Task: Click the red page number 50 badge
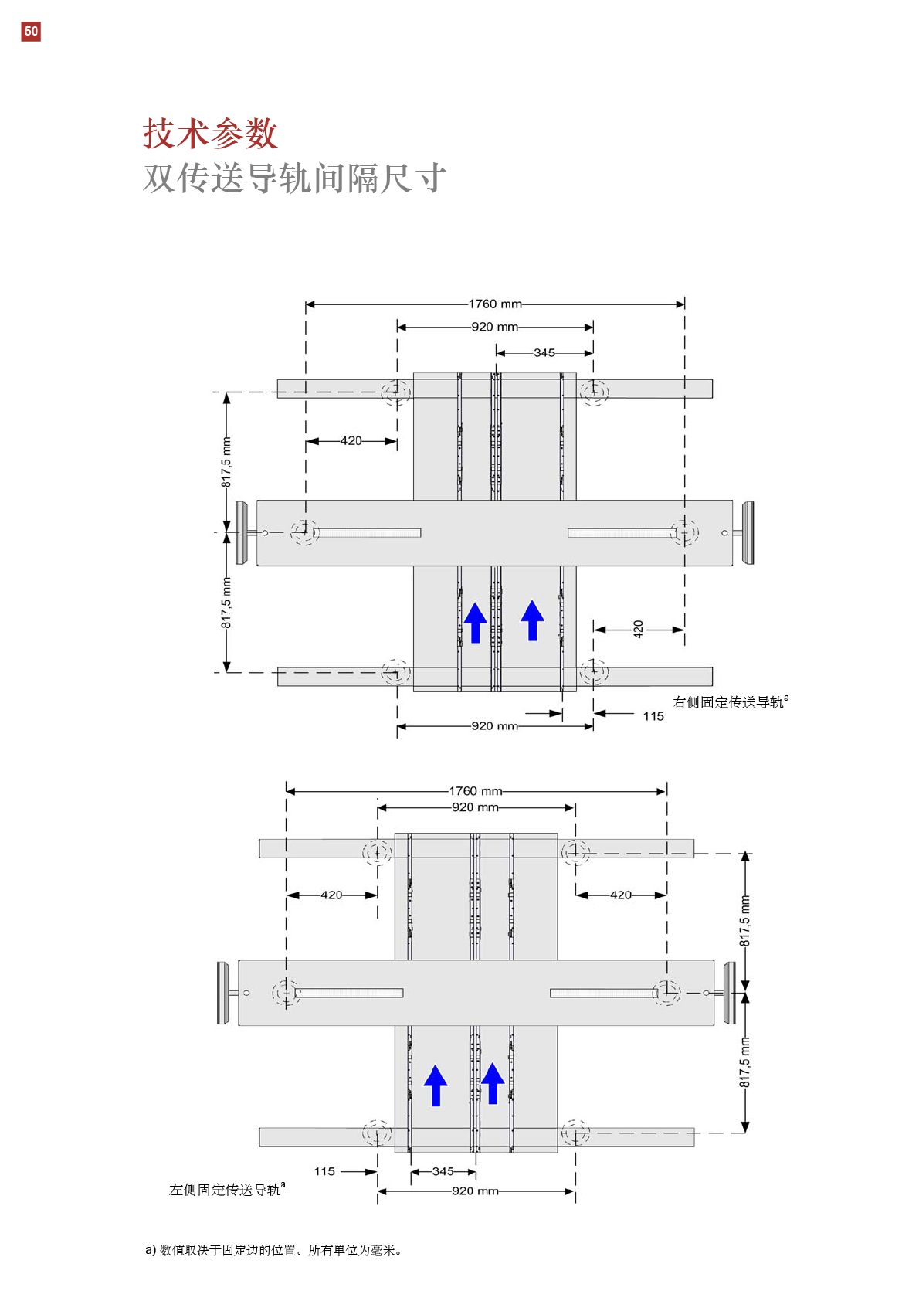[31, 32]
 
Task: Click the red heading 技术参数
[211, 134]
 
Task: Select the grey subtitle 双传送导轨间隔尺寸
[294, 178]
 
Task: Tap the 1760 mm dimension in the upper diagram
[494, 304]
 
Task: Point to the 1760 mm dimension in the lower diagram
[476, 791]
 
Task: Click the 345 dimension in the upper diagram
[544, 352]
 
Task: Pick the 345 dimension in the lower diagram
[443, 1171]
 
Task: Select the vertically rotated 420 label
[638, 629]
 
